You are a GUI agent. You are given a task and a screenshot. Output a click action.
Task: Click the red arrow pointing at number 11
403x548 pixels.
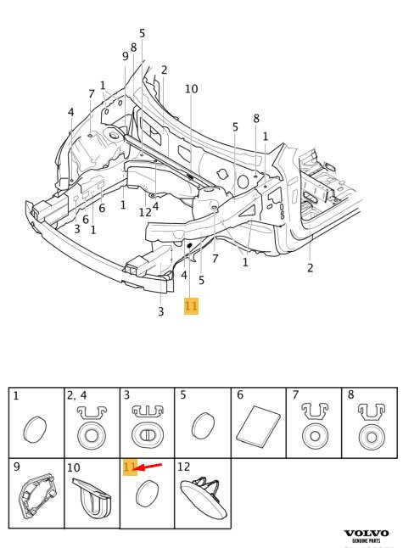pyautogui.click(x=148, y=467)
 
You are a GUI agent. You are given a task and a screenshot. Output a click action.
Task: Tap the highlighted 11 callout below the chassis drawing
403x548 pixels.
pyautogui.click(x=191, y=306)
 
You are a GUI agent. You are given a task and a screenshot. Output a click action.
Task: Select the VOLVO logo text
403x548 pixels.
pyautogui.click(x=367, y=534)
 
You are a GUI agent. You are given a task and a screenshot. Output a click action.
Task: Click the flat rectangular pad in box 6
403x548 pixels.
pyautogui.click(x=258, y=427)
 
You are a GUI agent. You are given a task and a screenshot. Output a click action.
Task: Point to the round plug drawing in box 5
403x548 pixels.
pyautogui.click(x=204, y=426)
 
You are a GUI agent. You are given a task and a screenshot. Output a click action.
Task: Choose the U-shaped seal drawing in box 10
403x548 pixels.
pyautogui.click(x=92, y=498)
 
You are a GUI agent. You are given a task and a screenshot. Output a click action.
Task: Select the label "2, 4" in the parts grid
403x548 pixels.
pyautogui.click(x=76, y=395)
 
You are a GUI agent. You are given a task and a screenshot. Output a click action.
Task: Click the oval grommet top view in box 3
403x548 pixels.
pyautogui.click(x=147, y=435)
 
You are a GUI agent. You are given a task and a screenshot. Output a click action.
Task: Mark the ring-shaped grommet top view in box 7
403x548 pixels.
pyautogui.click(x=315, y=436)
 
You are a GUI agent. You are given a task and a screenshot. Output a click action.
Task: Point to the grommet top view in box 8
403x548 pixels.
pyautogui.click(x=372, y=437)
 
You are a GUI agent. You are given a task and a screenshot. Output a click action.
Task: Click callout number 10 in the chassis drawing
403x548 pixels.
pyautogui.click(x=191, y=89)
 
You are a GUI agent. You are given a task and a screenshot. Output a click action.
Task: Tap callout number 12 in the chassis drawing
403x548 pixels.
pyautogui.click(x=145, y=212)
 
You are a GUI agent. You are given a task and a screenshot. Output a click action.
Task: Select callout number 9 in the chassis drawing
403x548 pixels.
pyautogui.click(x=126, y=56)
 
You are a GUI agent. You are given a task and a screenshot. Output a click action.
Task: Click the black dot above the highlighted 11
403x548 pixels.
pyautogui.click(x=190, y=245)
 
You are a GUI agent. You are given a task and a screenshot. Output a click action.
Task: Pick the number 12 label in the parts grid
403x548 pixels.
pyautogui.click(x=183, y=467)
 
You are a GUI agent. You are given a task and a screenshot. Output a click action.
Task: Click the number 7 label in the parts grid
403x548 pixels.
pyautogui.click(x=296, y=395)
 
